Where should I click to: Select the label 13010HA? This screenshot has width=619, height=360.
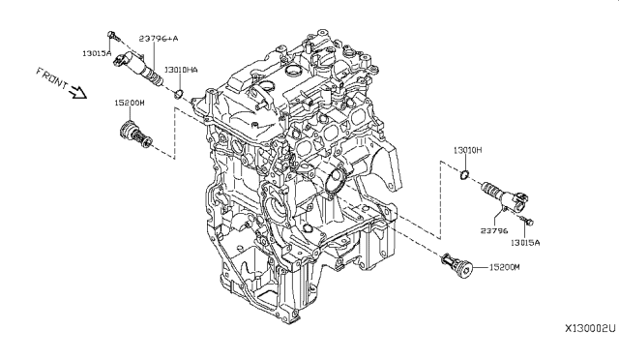click(181, 71)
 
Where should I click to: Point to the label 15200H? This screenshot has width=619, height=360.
click(131, 102)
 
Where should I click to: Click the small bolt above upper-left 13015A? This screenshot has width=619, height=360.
click(115, 37)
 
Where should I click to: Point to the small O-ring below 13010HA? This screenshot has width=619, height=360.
click(178, 92)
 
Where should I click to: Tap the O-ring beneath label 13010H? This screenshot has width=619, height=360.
click(464, 174)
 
